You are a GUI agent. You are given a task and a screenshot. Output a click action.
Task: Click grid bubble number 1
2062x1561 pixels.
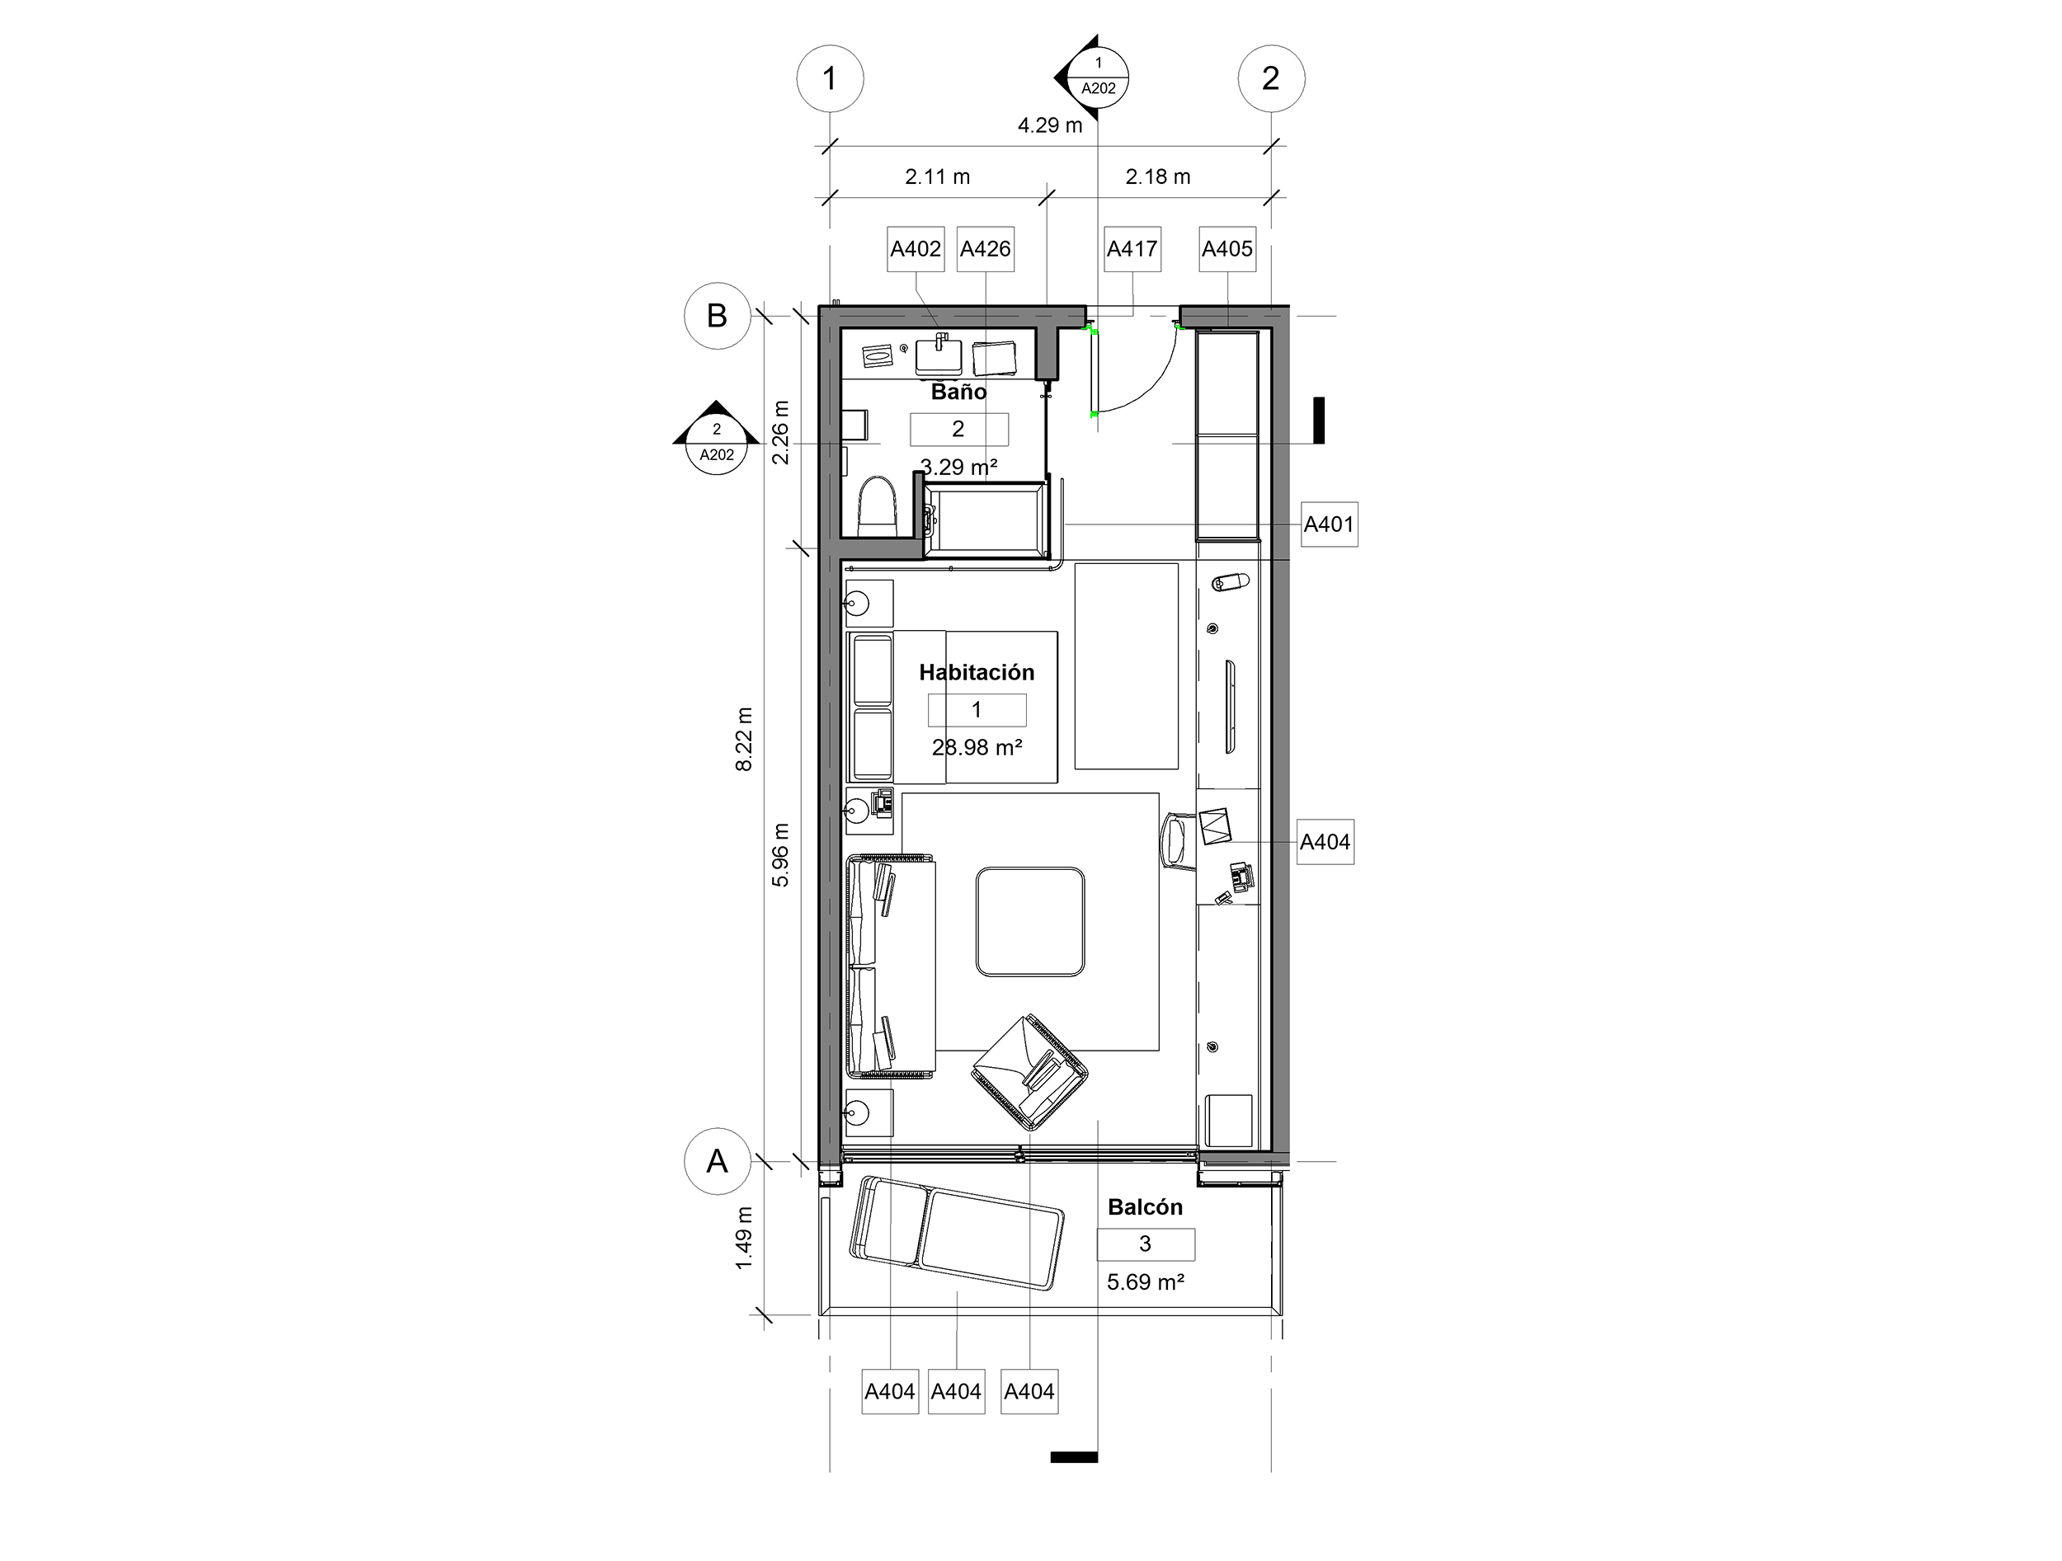pos(830,79)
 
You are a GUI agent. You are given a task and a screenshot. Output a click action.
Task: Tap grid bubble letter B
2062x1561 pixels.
pos(717,316)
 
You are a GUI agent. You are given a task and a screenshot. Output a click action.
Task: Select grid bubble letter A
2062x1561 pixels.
pos(717,1161)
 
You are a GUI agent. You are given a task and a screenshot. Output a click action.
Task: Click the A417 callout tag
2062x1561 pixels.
pos(1132,249)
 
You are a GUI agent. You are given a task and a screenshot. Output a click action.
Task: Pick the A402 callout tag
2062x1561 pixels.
pos(916,249)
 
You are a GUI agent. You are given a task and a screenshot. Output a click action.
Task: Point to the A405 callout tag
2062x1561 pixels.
pos(1226,249)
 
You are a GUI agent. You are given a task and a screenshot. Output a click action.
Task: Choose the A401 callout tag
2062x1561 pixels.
pos(1329,524)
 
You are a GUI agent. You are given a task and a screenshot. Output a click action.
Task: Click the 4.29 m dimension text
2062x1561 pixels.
pos(1050,125)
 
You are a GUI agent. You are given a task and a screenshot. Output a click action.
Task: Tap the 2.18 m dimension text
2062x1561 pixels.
pos(1158,176)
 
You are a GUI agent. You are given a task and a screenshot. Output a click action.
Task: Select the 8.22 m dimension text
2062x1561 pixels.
pos(744,739)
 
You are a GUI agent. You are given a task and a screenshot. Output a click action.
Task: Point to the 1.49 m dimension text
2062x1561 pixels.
pos(744,1238)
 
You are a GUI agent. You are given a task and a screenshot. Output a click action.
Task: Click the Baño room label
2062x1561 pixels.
pos(958,392)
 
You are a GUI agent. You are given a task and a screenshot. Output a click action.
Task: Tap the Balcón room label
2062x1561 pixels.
pos(1145,1207)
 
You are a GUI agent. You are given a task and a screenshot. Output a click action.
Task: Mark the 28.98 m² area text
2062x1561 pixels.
pos(977,746)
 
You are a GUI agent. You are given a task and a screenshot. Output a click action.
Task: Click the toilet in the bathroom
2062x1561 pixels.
pos(876,507)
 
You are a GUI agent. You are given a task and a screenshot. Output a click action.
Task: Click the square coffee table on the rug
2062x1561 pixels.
pos(1030,922)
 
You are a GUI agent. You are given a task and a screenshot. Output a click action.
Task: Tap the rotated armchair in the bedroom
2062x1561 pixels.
pos(1030,1073)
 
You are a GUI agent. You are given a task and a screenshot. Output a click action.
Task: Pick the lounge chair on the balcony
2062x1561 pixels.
pos(957,1233)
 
